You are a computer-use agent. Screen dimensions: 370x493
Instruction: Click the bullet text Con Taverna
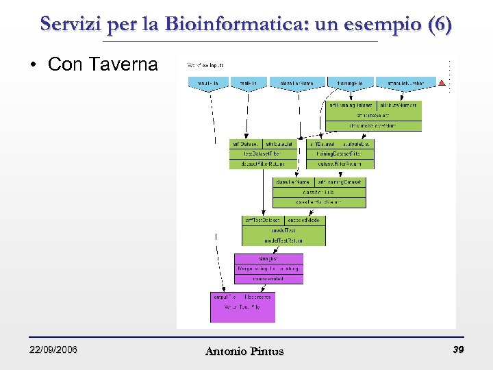[x=103, y=65]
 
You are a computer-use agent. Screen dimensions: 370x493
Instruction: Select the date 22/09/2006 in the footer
[x=53, y=350]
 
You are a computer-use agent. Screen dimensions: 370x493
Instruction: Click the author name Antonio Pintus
[x=244, y=351]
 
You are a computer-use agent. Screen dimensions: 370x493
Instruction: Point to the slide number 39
[x=457, y=350]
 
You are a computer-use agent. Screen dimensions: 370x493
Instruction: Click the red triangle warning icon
[x=442, y=83]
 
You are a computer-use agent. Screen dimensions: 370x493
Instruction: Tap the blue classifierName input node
[x=296, y=84]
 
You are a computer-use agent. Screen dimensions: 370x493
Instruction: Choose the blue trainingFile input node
[x=350, y=84]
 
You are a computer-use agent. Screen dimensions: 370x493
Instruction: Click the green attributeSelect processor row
[x=373, y=116]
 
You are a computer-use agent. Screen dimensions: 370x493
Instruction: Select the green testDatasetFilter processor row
[x=264, y=154]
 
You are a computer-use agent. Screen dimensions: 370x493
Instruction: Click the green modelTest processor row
[x=284, y=231]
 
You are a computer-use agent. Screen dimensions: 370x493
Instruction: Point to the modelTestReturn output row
[x=284, y=241]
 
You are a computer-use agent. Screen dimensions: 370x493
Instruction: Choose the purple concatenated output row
[x=268, y=279]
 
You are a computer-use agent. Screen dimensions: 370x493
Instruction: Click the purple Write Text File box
[x=242, y=307]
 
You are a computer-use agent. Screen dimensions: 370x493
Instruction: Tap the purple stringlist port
[x=268, y=258]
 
